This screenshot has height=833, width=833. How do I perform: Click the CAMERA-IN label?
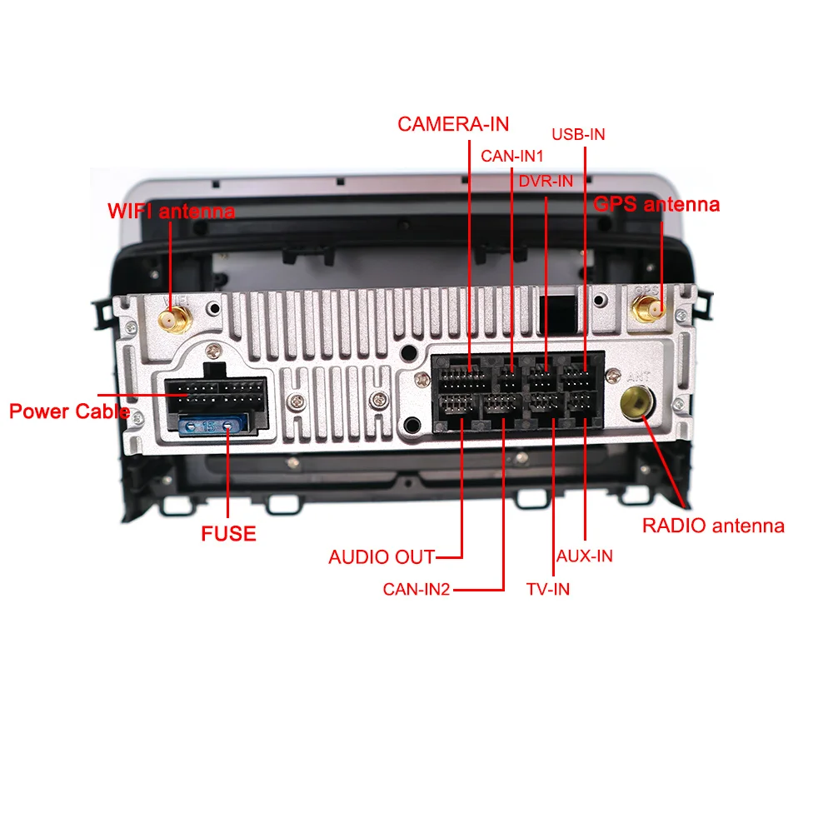(x=453, y=124)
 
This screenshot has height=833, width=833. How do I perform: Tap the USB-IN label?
(x=579, y=134)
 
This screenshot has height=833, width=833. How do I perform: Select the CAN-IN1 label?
(x=512, y=157)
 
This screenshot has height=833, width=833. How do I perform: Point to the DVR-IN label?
(x=546, y=181)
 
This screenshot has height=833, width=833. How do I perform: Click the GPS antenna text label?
(x=656, y=204)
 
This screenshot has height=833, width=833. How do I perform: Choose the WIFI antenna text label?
(x=171, y=211)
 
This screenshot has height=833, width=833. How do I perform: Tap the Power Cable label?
(x=70, y=412)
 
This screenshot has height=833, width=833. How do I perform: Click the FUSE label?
(x=228, y=533)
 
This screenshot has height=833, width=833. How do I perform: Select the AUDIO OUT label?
(x=382, y=556)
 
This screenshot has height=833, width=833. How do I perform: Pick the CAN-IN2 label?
(x=416, y=589)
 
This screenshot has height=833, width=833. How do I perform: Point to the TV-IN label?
(x=548, y=589)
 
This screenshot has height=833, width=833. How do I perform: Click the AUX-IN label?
(x=585, y=556)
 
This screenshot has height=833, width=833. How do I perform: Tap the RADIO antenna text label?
(x=714, y=526)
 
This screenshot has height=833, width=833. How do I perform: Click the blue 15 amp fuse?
(x=212, y=425)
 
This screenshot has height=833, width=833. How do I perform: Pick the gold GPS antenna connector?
(x=647, y=309)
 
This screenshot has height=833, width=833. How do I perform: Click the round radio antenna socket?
(x=637, y=402)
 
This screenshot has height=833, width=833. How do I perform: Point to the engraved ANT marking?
(x=638, y=377)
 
